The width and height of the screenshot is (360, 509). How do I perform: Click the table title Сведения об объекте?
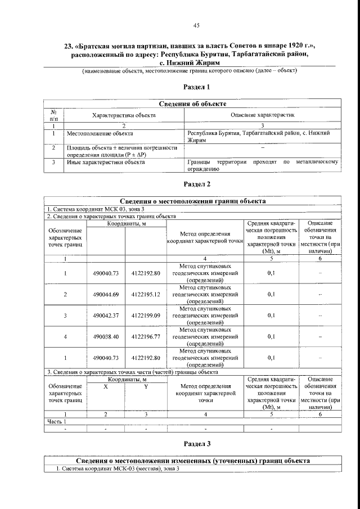193,104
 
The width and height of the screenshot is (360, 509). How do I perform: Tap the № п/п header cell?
53,115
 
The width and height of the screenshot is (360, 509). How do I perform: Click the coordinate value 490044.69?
105,294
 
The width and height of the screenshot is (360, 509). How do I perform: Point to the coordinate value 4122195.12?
145,294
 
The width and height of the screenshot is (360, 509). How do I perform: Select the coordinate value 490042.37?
105,316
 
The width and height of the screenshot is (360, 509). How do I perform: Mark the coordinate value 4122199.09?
145,316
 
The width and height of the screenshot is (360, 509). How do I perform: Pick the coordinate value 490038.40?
105,337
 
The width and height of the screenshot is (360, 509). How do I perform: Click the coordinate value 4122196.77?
145,337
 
